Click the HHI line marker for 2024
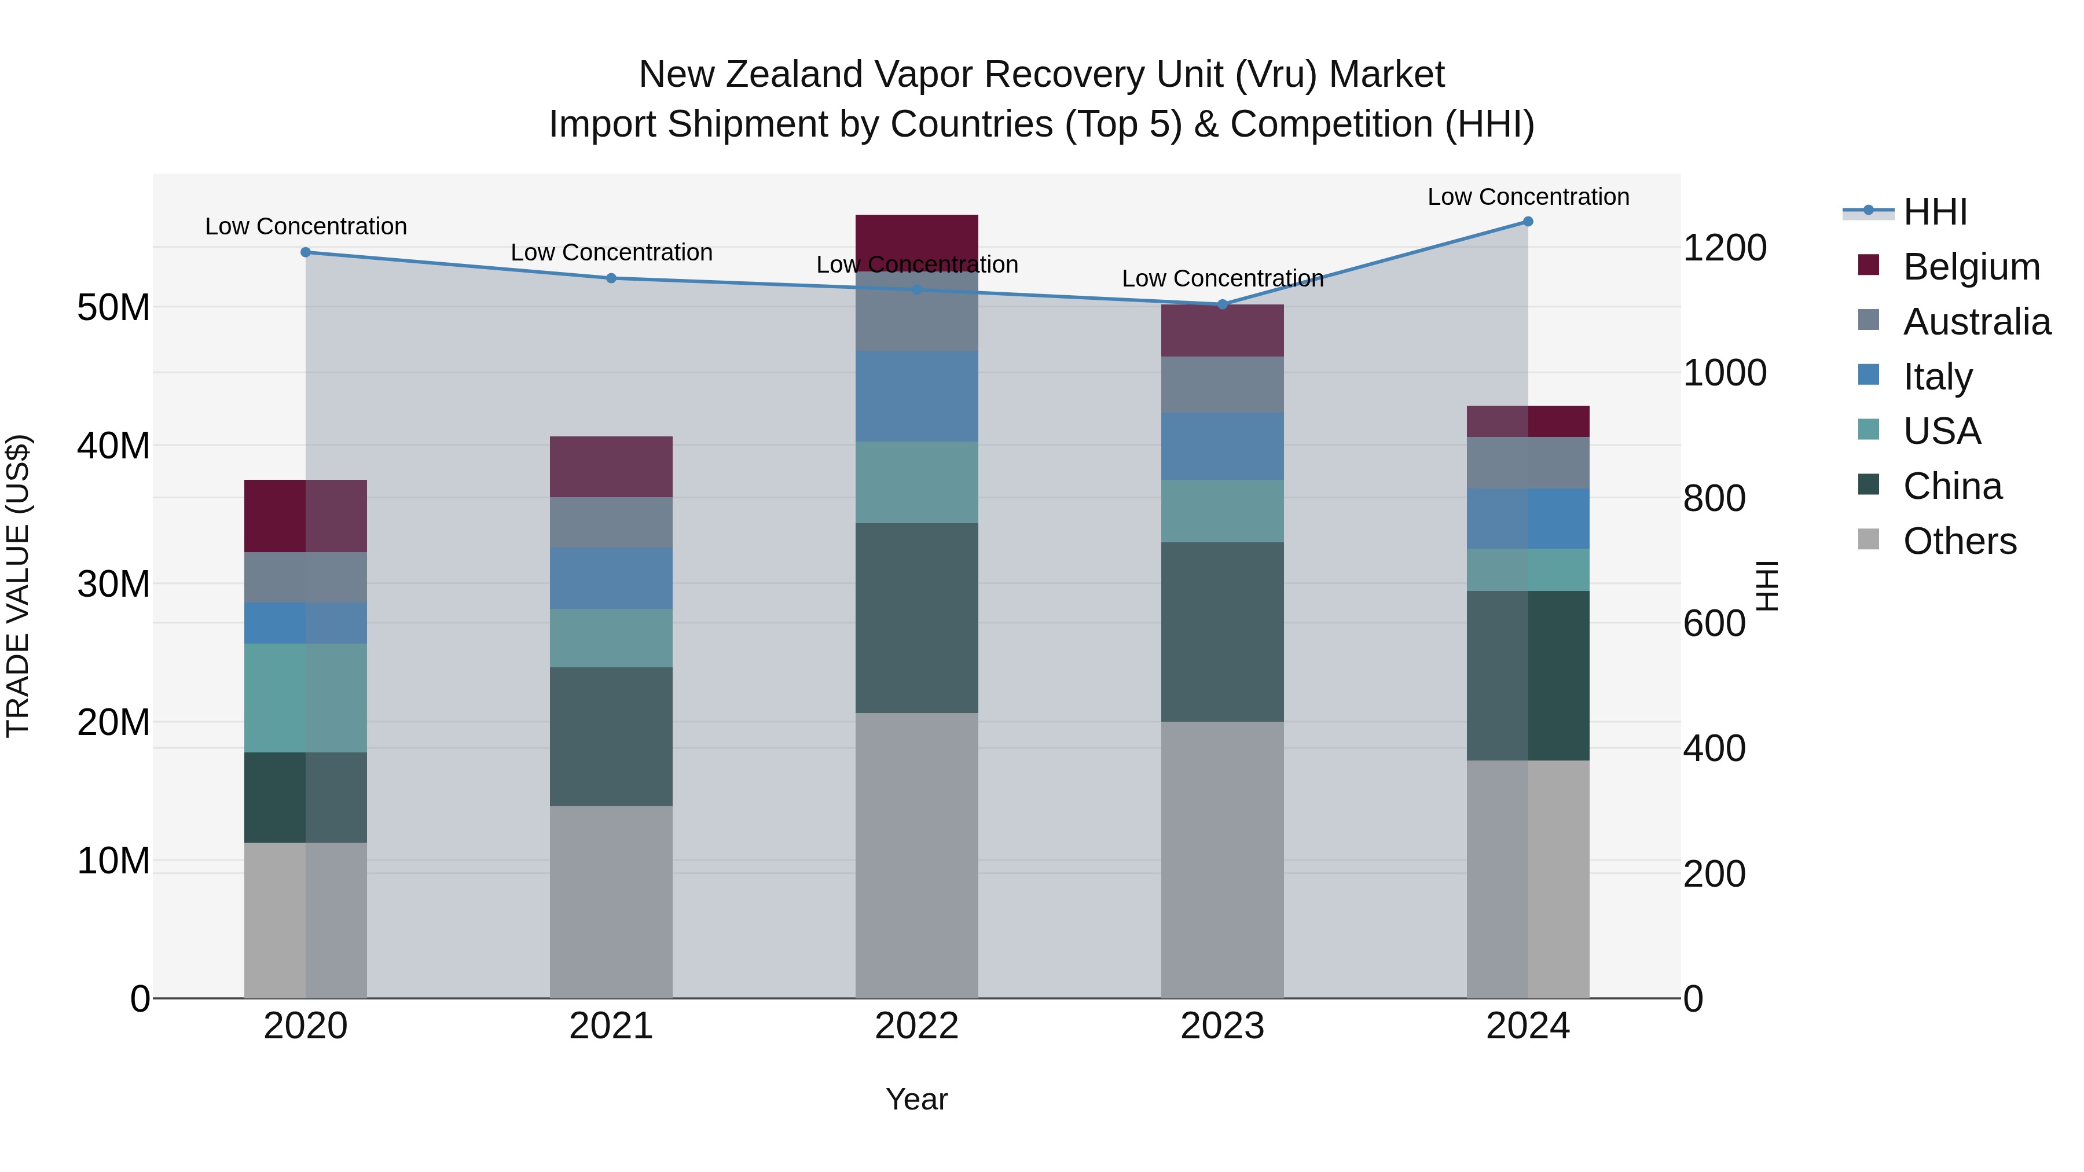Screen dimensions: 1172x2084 point(1528,222)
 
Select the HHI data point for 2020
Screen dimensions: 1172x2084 point(306,252)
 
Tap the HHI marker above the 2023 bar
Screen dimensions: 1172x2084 point(1223,304)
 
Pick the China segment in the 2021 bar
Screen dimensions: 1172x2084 point(611,736)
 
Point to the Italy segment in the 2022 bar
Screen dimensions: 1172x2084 point(916,396)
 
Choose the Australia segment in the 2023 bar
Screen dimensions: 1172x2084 point(1223,385)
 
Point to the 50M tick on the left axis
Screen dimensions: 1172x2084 point(113,307)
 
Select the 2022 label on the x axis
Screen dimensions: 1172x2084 point(916,1026)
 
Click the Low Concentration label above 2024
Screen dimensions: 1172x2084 point(1528,197)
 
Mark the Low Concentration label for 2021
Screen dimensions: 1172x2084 point(611,252)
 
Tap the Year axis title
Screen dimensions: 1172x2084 point(916,1099)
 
